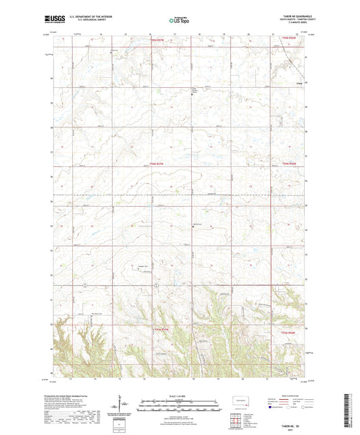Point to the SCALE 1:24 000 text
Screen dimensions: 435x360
180,395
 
